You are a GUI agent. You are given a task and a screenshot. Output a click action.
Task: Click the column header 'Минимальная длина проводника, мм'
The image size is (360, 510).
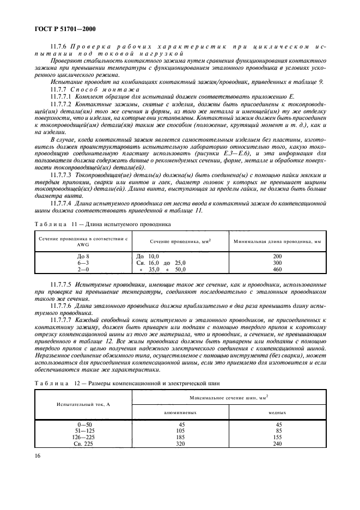click(277, 240)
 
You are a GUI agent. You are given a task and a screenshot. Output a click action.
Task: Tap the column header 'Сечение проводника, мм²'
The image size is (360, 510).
click(173, 240)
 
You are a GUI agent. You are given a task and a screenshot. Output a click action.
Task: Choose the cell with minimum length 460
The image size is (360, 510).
click(277, 269)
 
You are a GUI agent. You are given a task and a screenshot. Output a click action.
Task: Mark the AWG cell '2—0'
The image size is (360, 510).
click(82, 269)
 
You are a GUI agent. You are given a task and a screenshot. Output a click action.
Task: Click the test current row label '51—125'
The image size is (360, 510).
click(82, 430)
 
